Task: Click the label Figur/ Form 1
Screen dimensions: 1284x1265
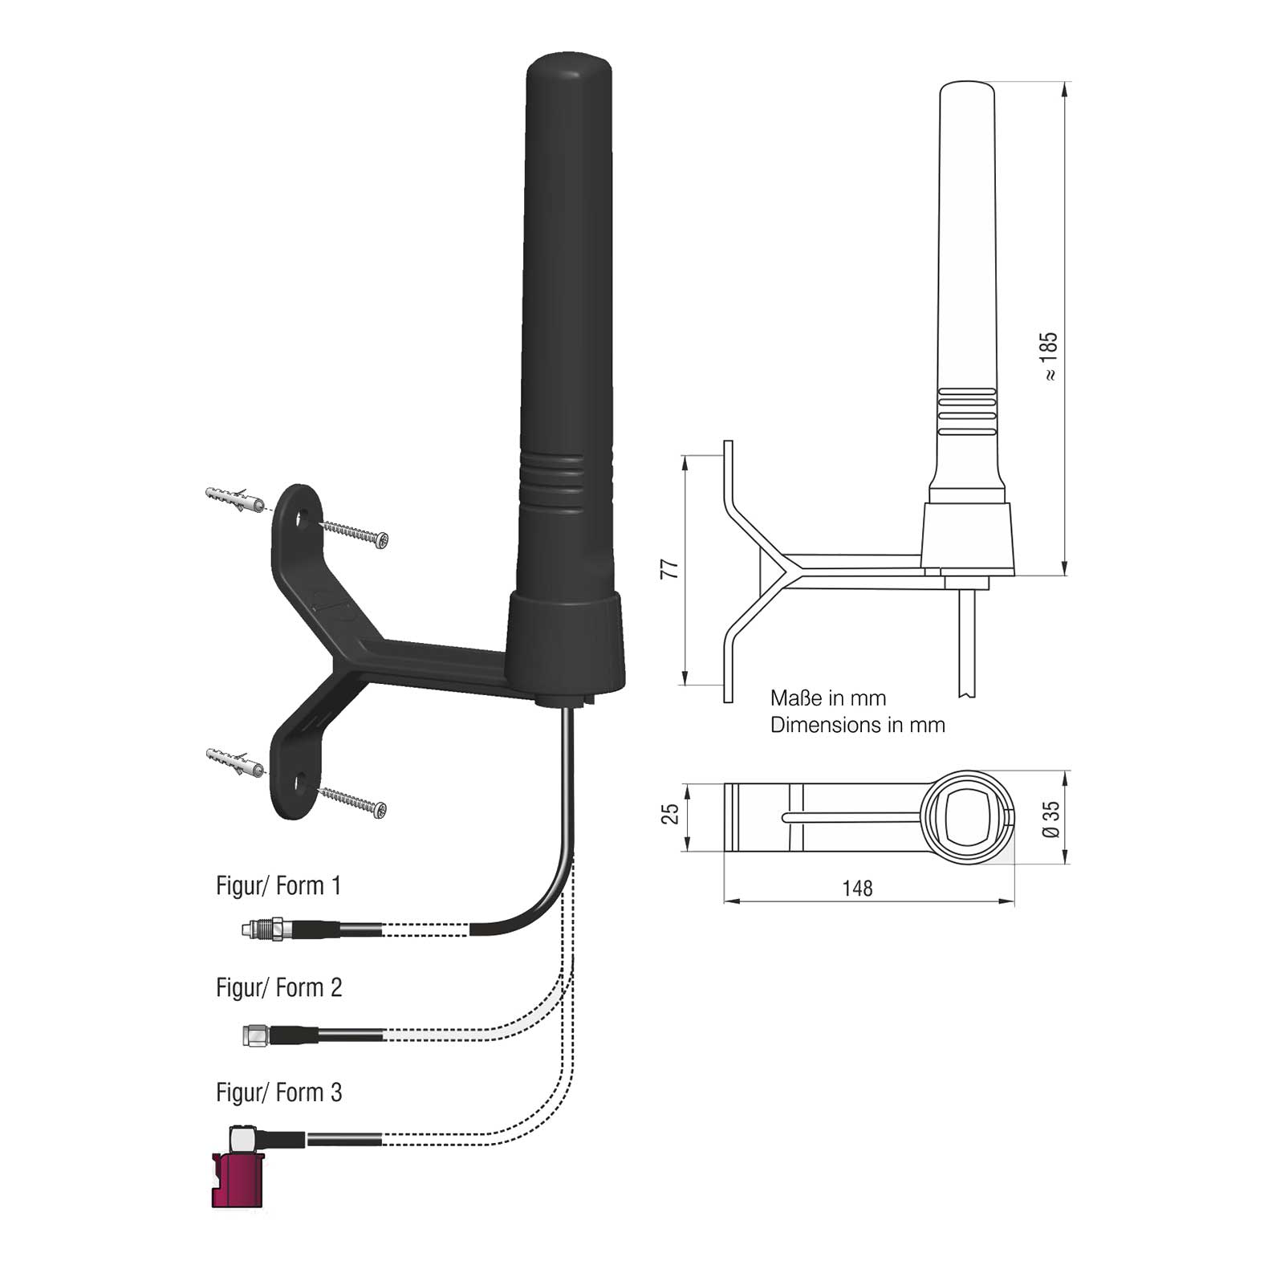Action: click(x=278, y=886)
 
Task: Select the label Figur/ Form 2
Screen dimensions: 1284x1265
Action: click(x=279, y=987)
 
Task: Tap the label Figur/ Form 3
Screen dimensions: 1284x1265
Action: click(x=279, y=1092)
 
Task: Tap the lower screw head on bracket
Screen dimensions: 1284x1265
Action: click(x=380, y=810)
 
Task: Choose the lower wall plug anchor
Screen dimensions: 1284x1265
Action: click(x=234, y=761)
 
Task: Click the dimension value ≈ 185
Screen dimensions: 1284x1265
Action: click(x=1049, y=356)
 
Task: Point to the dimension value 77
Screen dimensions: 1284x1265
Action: click(x=669, y=569)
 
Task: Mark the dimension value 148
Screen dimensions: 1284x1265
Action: click(x=857, y=889)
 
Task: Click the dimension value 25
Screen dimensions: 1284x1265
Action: click(x=671, y=814)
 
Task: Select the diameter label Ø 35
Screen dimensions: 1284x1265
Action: click(x=1051, y=819)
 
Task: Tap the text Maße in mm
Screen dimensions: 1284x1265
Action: click(x=828, y=698)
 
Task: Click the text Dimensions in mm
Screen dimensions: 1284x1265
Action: click(x=858, y=725)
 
